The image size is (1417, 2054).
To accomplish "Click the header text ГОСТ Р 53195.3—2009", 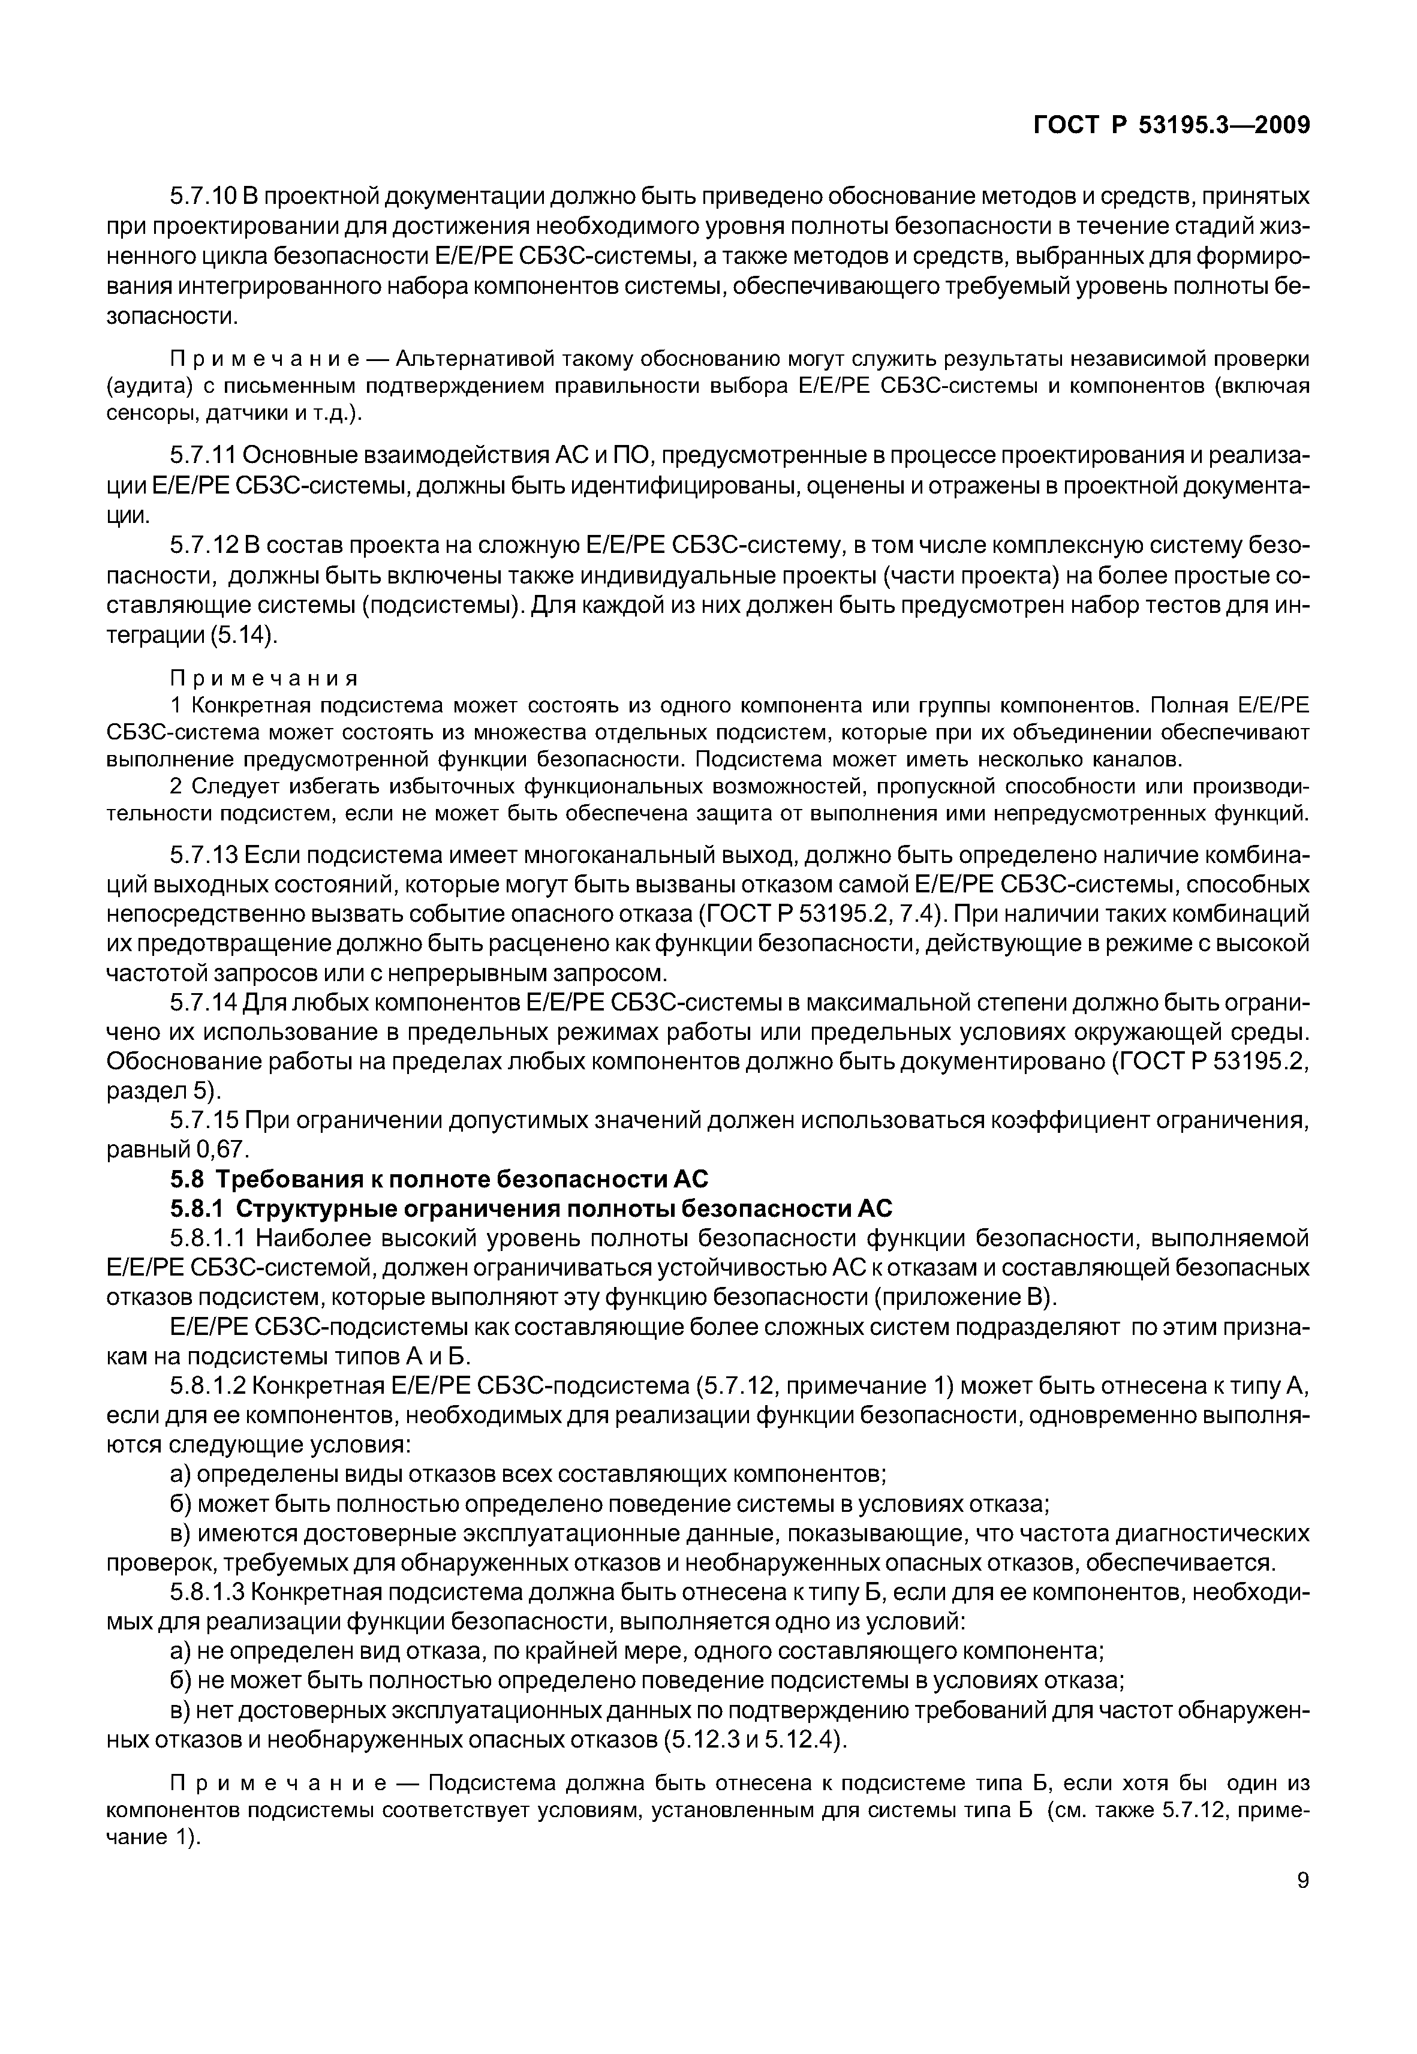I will click(x=1172, y=126).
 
